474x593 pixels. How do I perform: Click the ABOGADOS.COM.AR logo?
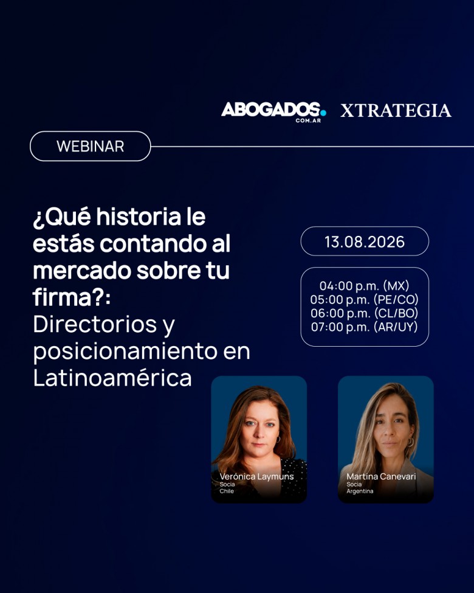[x=273, y=112]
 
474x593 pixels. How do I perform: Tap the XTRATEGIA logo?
[x=396, y=111]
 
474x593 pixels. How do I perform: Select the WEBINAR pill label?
[x=91, y=147]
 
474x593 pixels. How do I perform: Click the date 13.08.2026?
[x=365, y=241]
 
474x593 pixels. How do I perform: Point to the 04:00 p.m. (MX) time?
[x=365, y=285]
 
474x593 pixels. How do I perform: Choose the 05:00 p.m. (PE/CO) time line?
[x=365, y=299]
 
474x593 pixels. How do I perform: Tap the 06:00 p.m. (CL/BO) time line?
[x=365, y=313]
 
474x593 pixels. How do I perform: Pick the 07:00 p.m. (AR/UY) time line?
[x=365, y=327]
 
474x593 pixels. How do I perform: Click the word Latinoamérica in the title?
[x=112, y=378]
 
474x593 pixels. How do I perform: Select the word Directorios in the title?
[x=95, y=324]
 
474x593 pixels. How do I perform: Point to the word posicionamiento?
[x=125, y=352]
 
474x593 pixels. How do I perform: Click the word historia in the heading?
[x=139, y=217]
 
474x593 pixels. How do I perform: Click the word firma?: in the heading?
[x=72, y=297]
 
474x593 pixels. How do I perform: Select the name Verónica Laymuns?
[x=256, y=476]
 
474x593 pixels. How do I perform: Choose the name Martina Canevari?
[x=381, y=476]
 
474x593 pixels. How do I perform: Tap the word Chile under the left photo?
[x=227, y=491]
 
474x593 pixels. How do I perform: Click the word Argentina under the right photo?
[x=360, y=491]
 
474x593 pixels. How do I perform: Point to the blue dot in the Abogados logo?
[x=323, y=113]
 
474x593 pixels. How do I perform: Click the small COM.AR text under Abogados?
[x=308, y=120]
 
